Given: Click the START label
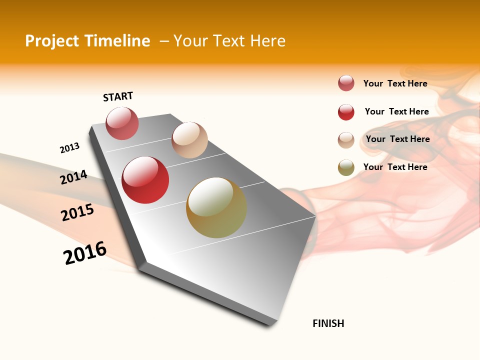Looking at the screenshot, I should click(x=118, y=96).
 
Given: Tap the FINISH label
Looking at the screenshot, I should click(x=328, y=323).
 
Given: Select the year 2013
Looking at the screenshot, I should click(x=69, y=148).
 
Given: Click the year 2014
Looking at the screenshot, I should click(x=73, y=177).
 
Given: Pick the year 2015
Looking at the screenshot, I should click(x=77, y=212).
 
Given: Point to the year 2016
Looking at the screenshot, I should click(x=85, y=252).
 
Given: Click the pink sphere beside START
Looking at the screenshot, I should click(x=122, y=123).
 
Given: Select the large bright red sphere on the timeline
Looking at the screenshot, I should click(x=145, y=180).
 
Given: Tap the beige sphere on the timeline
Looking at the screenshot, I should click(x=189, y=140).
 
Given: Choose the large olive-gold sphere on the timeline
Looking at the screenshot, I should click(x=216, y=207).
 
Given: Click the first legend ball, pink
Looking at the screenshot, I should click(x=346, y=83).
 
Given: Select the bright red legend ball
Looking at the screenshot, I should click(x=346, y=112).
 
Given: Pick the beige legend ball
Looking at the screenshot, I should click(x=346, y=140).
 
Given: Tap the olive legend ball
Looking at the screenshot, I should click(x=346, y=168).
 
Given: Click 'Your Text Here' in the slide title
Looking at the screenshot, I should click(x=229, y=41).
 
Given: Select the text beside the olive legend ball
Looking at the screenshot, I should click(x=395, y=167).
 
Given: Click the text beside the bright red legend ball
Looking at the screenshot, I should click(x=396, y=111).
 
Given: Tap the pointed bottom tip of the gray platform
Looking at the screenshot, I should click(x=271, y=323).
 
